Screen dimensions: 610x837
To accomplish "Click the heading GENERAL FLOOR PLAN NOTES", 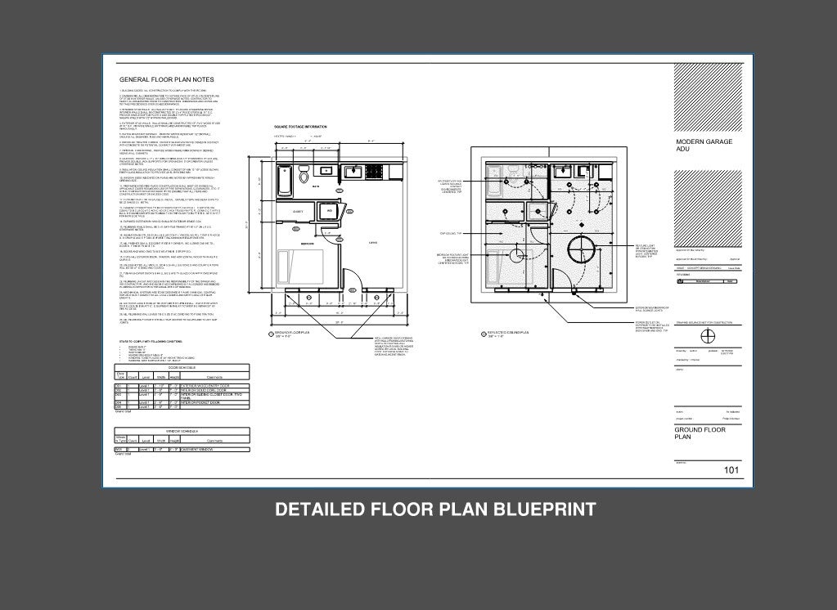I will tap(167, 79).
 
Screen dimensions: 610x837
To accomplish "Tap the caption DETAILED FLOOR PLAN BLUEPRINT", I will tap(434, 509).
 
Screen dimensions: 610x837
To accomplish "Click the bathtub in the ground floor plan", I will tap(286, 180).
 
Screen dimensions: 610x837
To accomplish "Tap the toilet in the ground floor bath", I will tap(304, 175).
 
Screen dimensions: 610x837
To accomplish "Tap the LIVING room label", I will tap(373, 243).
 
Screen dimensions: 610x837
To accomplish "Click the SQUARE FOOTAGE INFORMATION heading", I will tap(299, 127).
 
